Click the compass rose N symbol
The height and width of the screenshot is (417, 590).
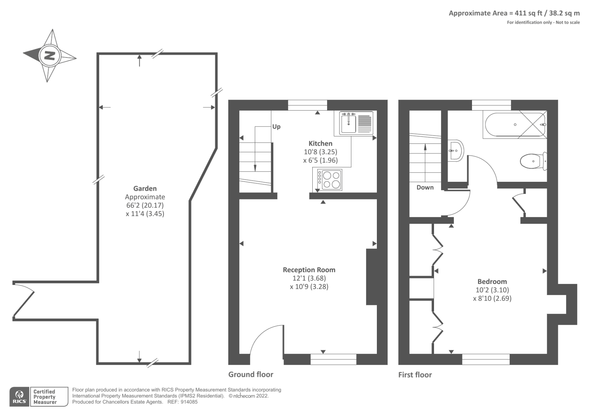pyautogui.click(x=49, y=56)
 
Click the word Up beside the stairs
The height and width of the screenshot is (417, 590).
pyautogui.click(x=276, y=126)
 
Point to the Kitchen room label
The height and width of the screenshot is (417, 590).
pyautogui.click(x=320, y=143)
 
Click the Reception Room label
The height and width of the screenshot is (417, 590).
pyautogui.click(x=309, y=270)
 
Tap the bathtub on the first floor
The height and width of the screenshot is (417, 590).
pyautogui.click(x=515, y=125)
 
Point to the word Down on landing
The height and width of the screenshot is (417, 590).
pyautogui.click(x=425, y=187)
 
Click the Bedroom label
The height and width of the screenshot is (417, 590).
pyautogui.click(x=492, y=281)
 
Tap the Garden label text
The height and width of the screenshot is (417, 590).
pyautogui.click(x=145, y=188)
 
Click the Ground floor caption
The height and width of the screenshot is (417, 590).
pyautogui.click(x=251, y=374)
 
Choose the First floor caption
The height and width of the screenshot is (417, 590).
pyautogui.click(x=415, y=375)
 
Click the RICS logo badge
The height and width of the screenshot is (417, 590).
pyautogui.click(x=19, y=397)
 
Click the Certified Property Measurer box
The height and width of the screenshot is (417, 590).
pyautogui.click(x=45, y=397)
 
